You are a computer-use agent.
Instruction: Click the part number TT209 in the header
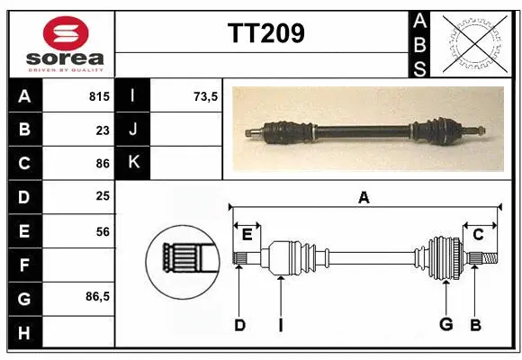click(265, 33)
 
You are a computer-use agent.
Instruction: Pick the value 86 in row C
click(103, 163)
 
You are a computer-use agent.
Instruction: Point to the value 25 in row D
click(103, 197)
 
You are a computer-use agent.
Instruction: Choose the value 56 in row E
click(103, 231)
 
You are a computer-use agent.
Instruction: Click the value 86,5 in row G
click(96, 296)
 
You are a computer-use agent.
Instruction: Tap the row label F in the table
click(23, 265)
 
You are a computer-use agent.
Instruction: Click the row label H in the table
click(23, 333)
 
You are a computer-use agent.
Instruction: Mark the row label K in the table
click(133, 163)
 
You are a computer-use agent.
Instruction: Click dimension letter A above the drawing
click(364, 197)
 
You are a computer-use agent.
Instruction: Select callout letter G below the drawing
click(445, 325)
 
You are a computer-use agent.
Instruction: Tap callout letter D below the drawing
click(239, 325)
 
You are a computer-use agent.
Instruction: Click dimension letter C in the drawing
click(478, 235)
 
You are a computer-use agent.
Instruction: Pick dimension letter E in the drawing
click(247, 235)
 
